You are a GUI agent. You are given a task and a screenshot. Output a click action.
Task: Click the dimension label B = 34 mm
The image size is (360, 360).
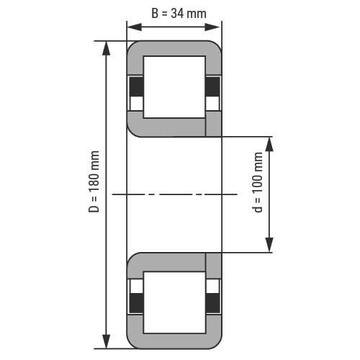(x=179, y=13)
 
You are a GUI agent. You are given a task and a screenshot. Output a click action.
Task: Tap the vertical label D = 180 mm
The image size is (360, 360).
(x=94, y=181)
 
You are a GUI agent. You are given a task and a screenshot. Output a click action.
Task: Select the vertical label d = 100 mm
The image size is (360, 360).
(x=258, y=182)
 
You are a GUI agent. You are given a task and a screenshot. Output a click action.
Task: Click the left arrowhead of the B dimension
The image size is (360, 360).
(x=135, y=27)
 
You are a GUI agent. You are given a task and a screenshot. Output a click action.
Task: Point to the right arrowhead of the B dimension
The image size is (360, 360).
(x=212, y=27)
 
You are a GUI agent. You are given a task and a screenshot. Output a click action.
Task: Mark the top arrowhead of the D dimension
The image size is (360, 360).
(x=106, y=48)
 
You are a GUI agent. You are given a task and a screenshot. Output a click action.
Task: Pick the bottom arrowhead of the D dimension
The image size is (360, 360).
(x=106, y=341)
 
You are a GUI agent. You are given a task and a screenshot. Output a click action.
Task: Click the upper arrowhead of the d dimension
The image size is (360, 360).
(x=269, y=144)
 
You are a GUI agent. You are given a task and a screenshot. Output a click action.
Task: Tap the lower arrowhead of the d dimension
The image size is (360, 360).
(x=269, y=245)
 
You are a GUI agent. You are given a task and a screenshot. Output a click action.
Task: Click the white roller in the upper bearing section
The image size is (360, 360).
(x=174, y=87)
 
